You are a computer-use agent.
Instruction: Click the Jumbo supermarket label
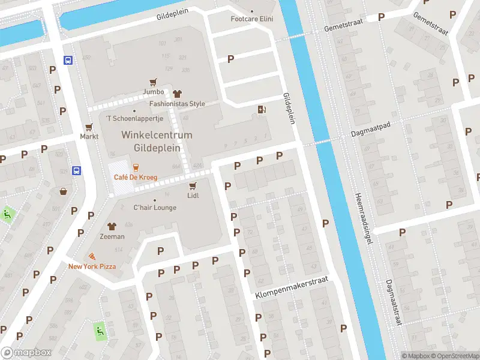(x=154, y=92)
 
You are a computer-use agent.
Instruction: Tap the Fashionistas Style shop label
(x=177, y=104)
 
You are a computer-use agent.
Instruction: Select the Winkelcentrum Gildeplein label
(x=157, y=140)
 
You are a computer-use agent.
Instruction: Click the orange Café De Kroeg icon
(x=136, y=167)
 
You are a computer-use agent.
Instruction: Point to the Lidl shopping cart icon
(x=193, y=186)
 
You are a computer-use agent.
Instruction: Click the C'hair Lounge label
(x=155, y=208)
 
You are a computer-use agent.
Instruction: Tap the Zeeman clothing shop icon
(x=112, y=226)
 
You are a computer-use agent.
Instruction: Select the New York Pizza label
(x=92, y=266)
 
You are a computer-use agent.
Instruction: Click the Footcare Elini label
(x=252, y=19)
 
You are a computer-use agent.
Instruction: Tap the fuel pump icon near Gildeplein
(x=261, y=109)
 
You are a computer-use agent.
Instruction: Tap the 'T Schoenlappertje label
(x=130, y=119)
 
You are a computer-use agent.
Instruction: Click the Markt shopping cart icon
(x=89, y=127)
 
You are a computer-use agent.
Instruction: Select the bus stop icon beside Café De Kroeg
(x=77, y=170)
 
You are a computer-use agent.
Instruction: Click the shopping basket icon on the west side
(x=63, y=192)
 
